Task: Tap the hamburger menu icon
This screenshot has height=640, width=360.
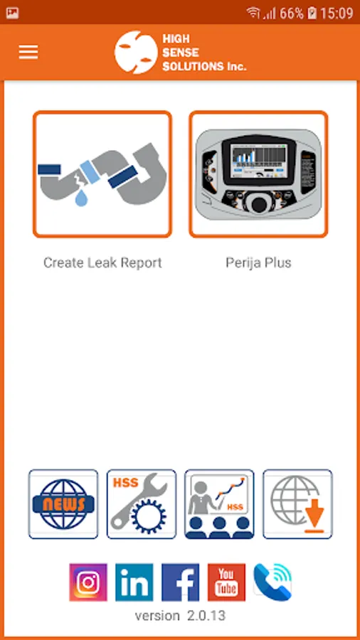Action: pyautogui.click(x=28, y=52)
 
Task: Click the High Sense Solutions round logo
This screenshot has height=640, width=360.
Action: pyautogui.click(x=136, y=52)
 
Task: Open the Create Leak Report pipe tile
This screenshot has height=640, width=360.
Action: pyautogui.click(x=102, y=174)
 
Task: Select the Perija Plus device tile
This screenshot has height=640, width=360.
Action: pyautogui.click(x=258, y=174)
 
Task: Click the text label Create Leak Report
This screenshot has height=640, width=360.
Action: pyautogui.click(x=102, y=262)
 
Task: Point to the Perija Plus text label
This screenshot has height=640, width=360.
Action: pyautogui.click(x=258, y=262)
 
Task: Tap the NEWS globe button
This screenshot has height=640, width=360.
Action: pyautogui.click(x=63, y=504)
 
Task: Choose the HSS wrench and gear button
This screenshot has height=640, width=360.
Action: pyautogui.click(x=142, y=504)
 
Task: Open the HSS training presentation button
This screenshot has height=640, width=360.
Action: pyautogui.click(x=220, y=504)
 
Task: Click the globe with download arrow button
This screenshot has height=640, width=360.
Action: pyautogui.click(x=297, y=504)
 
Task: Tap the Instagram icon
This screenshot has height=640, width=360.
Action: pyautogui.click(x=88, y=582)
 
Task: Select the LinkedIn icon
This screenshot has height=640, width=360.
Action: pyautogui.click(x=134, y=582)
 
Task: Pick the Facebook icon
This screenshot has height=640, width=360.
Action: pyautogui.click(x=181, y=582)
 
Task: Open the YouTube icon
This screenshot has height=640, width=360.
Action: pyautogui.click(x=226, y=582)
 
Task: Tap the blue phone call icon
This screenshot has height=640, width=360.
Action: pyautogui.click(x=272, y=582)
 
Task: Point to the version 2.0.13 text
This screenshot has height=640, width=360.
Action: pyautogui.click(x=180, y=615)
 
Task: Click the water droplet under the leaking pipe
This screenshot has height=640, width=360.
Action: pyautogui.click(x=81, y=198)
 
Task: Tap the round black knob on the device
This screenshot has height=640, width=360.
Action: pyautogui.click(x=259, y=205)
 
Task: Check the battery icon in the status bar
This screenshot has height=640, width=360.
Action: pyautogui.click(x=312, y=13)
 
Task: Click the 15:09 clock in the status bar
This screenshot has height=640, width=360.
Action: pyautogui.click(x=337, y=13)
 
